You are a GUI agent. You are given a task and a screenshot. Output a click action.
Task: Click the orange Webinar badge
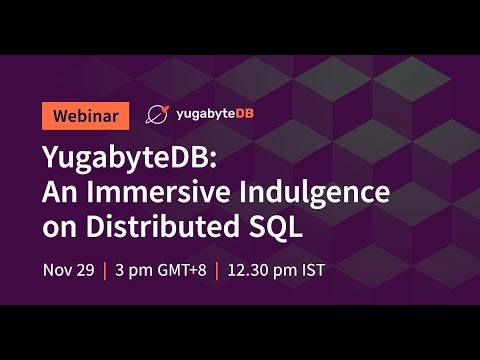point(85,115)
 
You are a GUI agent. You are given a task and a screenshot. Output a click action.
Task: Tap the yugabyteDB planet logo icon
point(157,115)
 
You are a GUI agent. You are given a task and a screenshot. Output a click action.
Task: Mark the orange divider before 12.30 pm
point(218,270)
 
